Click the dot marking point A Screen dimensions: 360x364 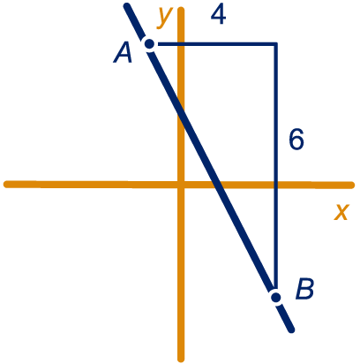[x=150, y=44]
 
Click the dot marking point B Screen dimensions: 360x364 [x=276, y=298]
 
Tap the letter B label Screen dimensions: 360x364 [x=305, y=289]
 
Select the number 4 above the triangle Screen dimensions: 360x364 [x=218, y=15]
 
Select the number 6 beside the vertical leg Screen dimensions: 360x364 [x=296, y=140]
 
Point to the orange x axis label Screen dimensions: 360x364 [x=341, y=212]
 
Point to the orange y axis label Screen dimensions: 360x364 [x=164, y=19]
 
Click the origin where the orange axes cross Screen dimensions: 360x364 [x=181, y=185]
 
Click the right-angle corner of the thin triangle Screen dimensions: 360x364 [x=276, y=44]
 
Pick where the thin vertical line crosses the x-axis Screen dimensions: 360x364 [x=276, y=185]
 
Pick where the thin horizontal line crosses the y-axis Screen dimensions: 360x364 [x=181, y=44]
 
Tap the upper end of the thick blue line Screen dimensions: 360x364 [x=127, y=6]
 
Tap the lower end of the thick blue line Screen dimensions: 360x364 [x=291, y=330]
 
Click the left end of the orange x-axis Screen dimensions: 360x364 [x=6, y=185]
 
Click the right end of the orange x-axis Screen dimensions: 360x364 [x=351, y=186]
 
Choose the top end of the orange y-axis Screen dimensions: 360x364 [x=181, y=11]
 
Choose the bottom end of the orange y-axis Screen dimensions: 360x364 [x=181, y=359]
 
